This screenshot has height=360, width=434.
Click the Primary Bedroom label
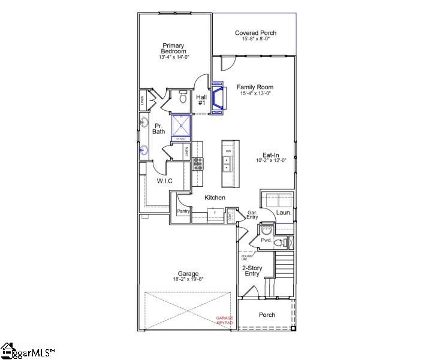coord(174,48)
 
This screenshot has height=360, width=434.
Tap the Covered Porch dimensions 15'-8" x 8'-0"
coord(256,39)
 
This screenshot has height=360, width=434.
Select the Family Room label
coord(255,87)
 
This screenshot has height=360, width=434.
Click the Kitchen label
coord(215,198)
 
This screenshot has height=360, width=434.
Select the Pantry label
coord(183,211)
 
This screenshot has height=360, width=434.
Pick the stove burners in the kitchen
coord(197,163)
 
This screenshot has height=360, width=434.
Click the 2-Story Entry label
coord(251,271)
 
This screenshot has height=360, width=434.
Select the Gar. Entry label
coord(253,215)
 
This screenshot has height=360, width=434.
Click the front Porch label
coord(267,315)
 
